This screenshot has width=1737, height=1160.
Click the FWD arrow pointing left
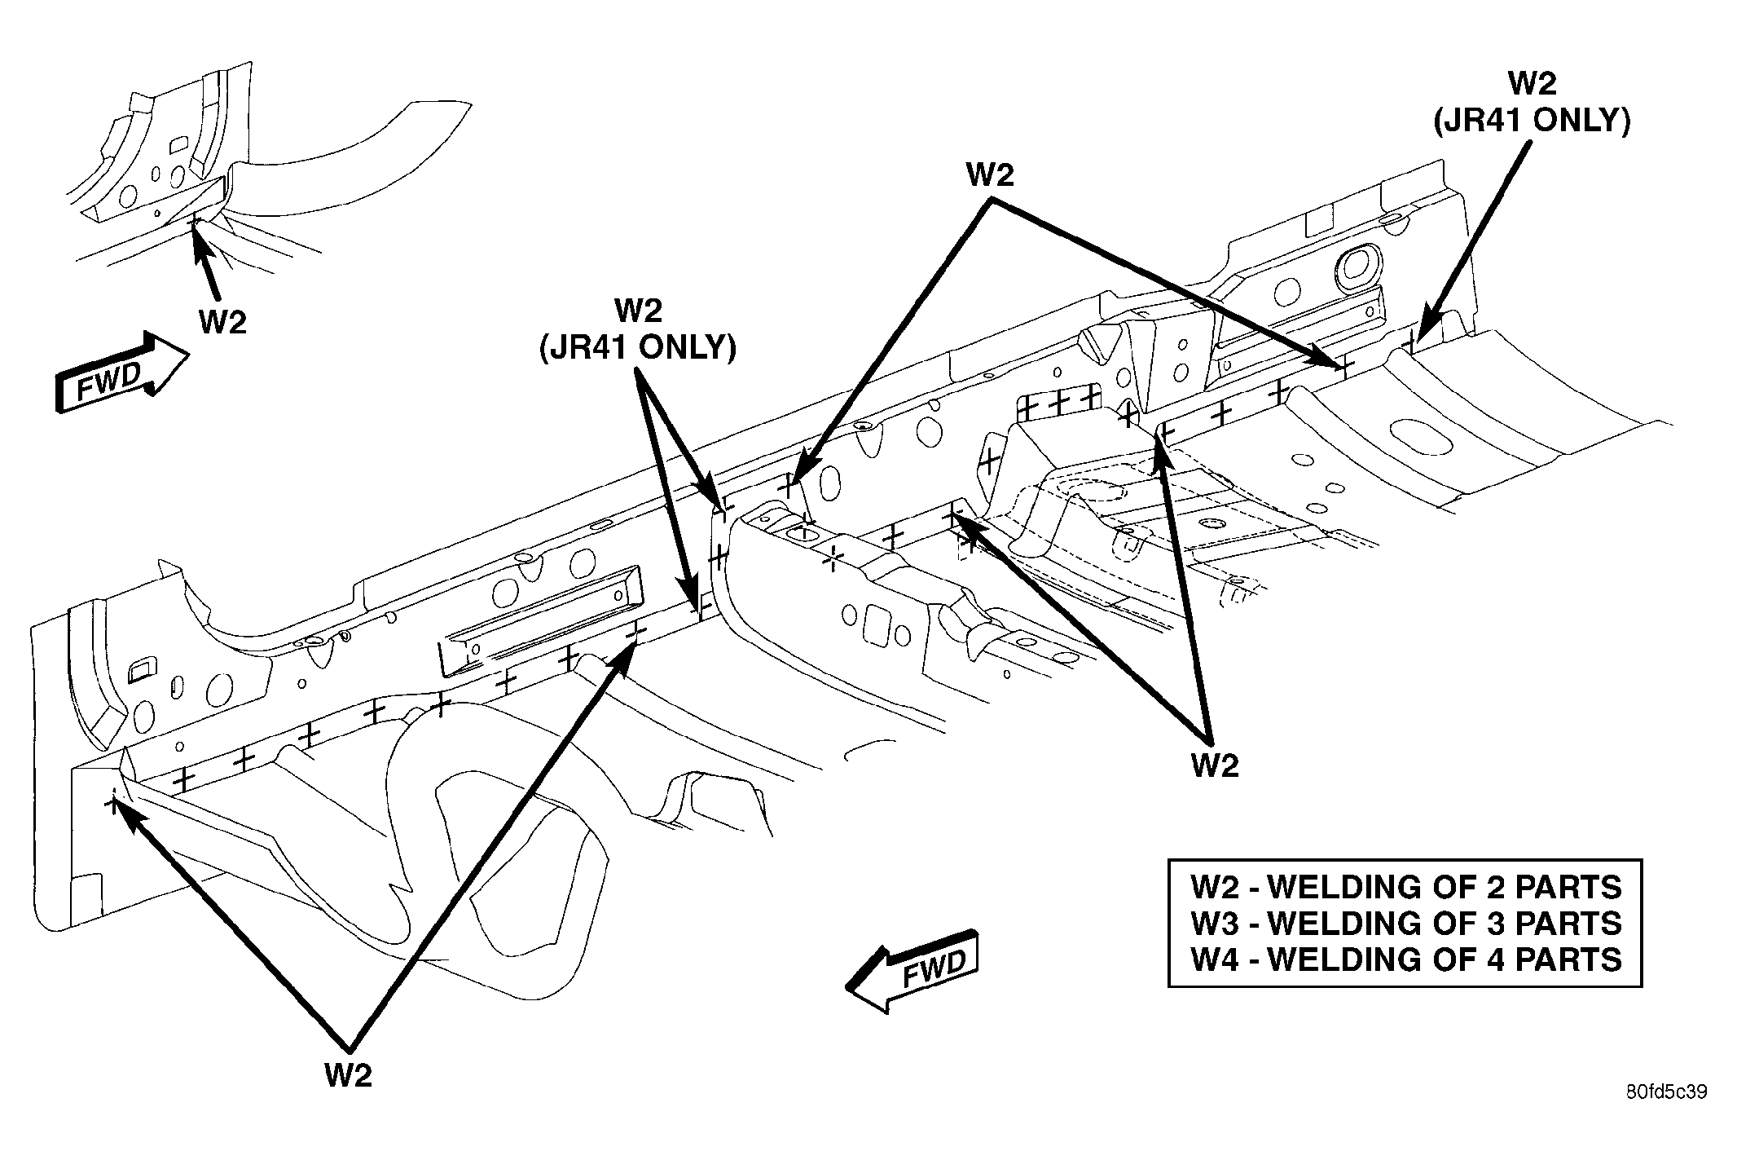913,969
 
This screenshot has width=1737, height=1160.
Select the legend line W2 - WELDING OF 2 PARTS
1406,887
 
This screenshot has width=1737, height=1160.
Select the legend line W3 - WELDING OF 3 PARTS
1406,924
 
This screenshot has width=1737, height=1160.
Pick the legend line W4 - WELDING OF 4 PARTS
1406,959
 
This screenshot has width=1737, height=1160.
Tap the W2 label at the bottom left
348,1076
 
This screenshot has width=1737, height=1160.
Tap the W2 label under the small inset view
222,323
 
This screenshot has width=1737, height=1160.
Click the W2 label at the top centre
990,175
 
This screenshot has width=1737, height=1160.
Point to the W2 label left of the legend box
1215,765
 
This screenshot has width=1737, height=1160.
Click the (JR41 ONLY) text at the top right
1532,121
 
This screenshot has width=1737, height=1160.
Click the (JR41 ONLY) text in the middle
637,348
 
